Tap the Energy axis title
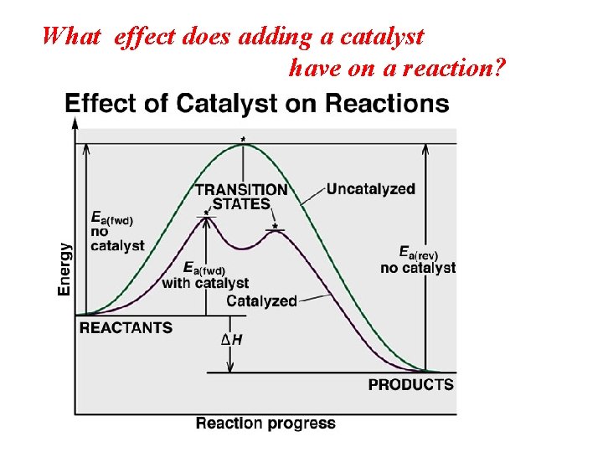point(64,268)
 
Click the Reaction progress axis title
point(265,424)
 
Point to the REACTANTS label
point(126,328)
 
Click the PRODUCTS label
point(410,385)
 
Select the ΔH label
point(231,340)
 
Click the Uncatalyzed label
point(370,189)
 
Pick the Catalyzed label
point(261,301)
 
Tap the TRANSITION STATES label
point(241,197)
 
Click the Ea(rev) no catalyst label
point(418,260)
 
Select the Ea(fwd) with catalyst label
point(205,275)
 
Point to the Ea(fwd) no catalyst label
point(116,231)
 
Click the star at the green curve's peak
point(243,138)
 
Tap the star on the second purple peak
point(275,225)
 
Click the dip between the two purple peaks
point(241,249)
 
